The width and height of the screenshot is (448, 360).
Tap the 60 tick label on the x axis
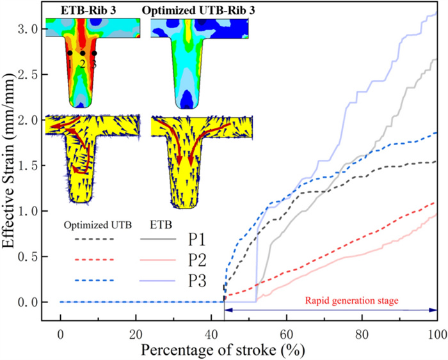[x=286, y=334]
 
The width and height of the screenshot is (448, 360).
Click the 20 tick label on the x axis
[x=136, y=334]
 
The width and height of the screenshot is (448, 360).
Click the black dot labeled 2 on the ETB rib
[x=82, y=54]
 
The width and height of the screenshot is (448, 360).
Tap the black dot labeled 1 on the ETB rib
[x=69, y=53]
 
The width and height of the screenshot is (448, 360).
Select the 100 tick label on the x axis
[x=436, y=334]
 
